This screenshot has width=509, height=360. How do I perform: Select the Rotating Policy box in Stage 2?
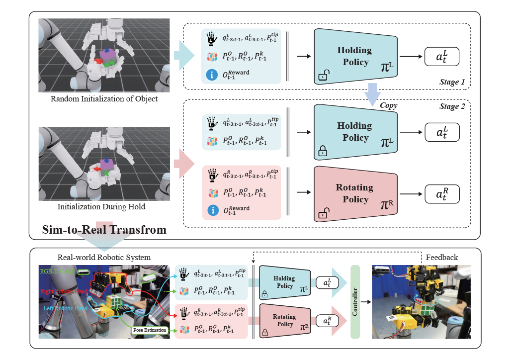point(355,194)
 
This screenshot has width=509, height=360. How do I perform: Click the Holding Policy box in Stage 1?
point(355,56)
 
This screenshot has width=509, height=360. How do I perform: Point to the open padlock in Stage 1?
point(323,76)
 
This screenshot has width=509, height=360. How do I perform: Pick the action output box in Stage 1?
point(441,57)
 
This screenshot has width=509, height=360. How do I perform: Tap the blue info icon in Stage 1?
point(211,75)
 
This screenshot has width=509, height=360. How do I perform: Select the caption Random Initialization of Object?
point(104,99)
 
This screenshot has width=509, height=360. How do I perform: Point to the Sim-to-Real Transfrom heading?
point(103,231)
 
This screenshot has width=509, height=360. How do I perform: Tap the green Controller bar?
point(355,302)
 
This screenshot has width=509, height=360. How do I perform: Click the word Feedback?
point(442,257)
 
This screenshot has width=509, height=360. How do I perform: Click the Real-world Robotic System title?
point(104,257)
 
